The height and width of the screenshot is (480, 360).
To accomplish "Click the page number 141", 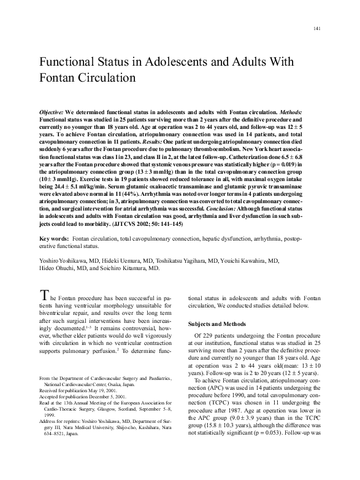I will coord(316,29).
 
